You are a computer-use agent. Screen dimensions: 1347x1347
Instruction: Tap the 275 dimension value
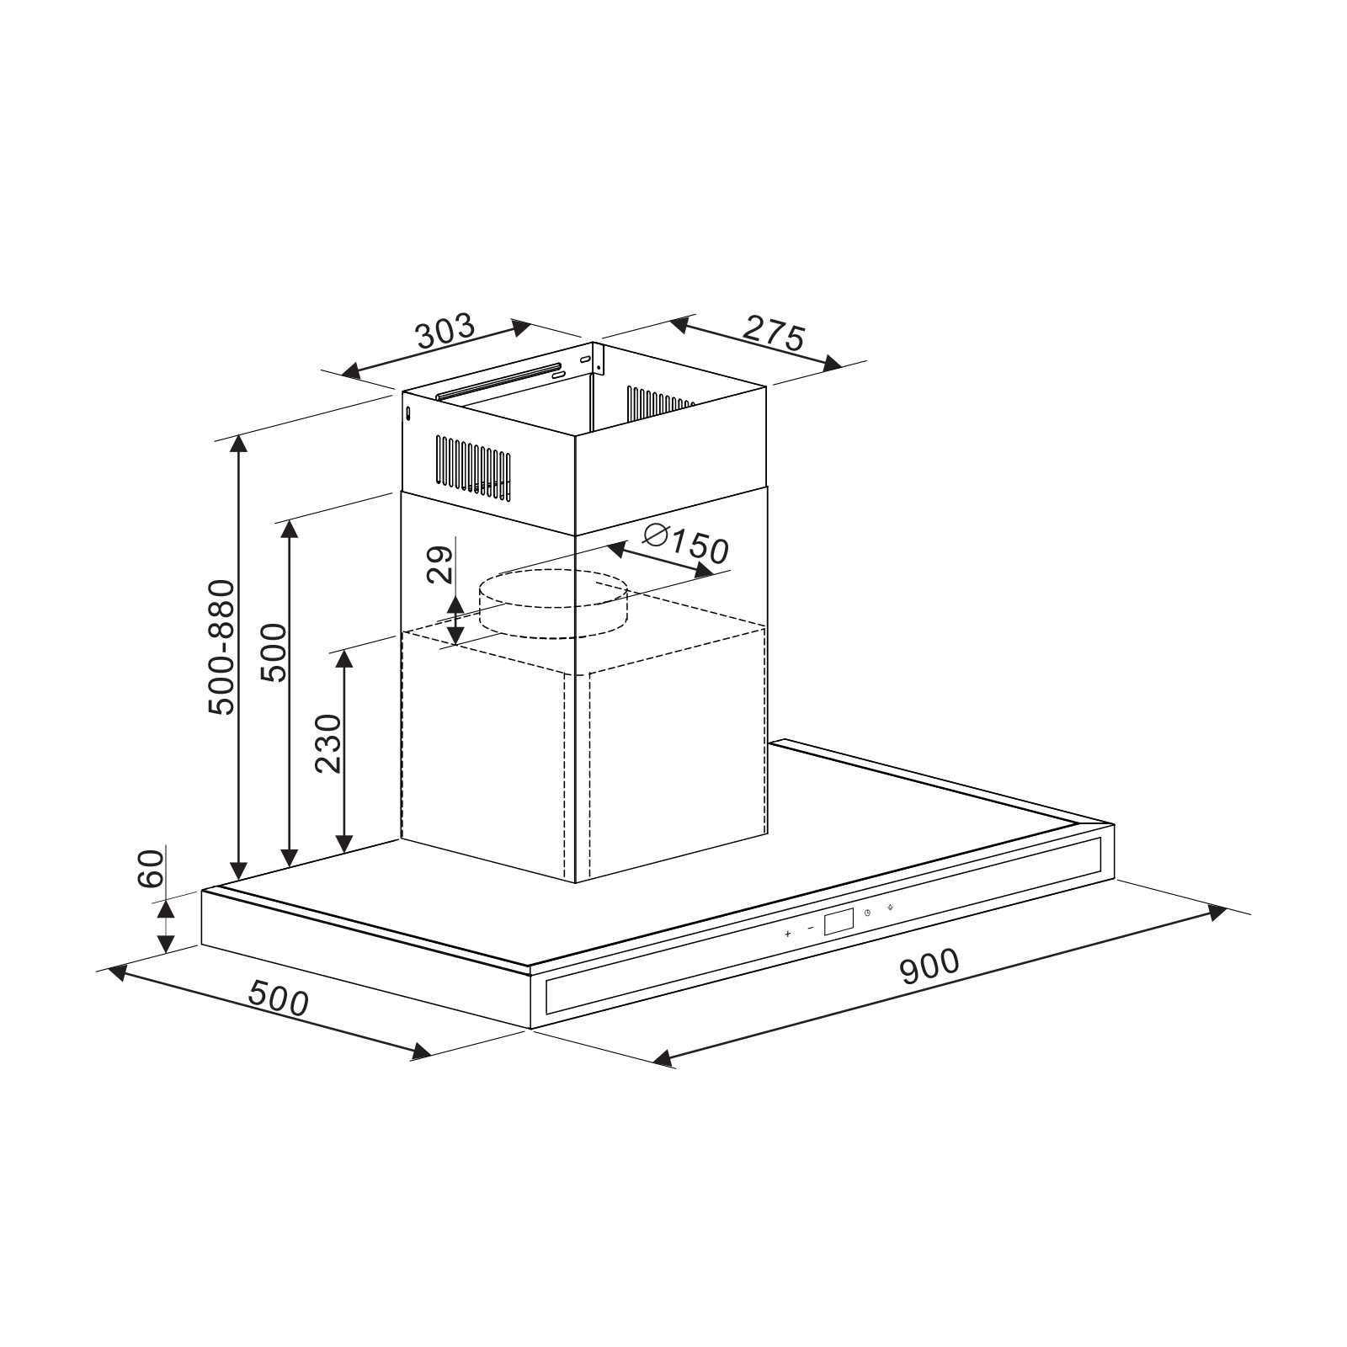(774, 334)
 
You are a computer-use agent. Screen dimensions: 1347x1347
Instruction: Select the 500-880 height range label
(222, 647)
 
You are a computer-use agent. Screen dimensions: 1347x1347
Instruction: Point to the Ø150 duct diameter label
(684, 545)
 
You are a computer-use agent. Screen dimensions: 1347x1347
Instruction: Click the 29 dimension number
(439, 564)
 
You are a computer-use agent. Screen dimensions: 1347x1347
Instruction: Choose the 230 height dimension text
(328, 743)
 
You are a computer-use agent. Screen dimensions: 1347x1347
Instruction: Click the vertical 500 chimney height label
(273, 652)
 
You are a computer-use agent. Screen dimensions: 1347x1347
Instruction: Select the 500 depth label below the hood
(279, 999)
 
